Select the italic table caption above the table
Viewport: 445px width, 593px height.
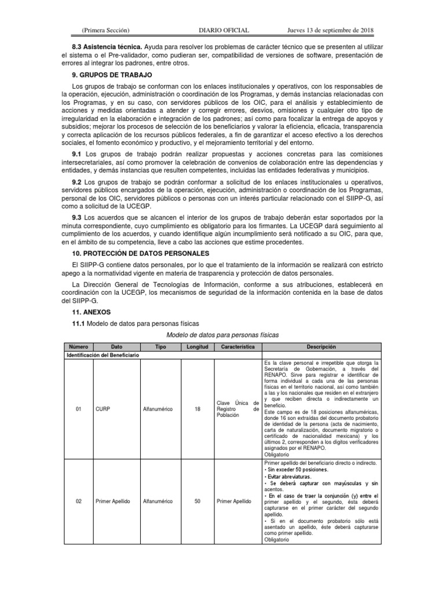point(222,335)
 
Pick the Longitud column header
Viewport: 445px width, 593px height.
point(197,346)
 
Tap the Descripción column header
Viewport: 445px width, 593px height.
point(321,346)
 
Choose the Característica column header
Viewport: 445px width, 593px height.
point(238,346)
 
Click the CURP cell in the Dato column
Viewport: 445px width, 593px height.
point(102,409)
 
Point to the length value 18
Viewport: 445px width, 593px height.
point(197,409)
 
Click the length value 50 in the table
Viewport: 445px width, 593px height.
point(197,502)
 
